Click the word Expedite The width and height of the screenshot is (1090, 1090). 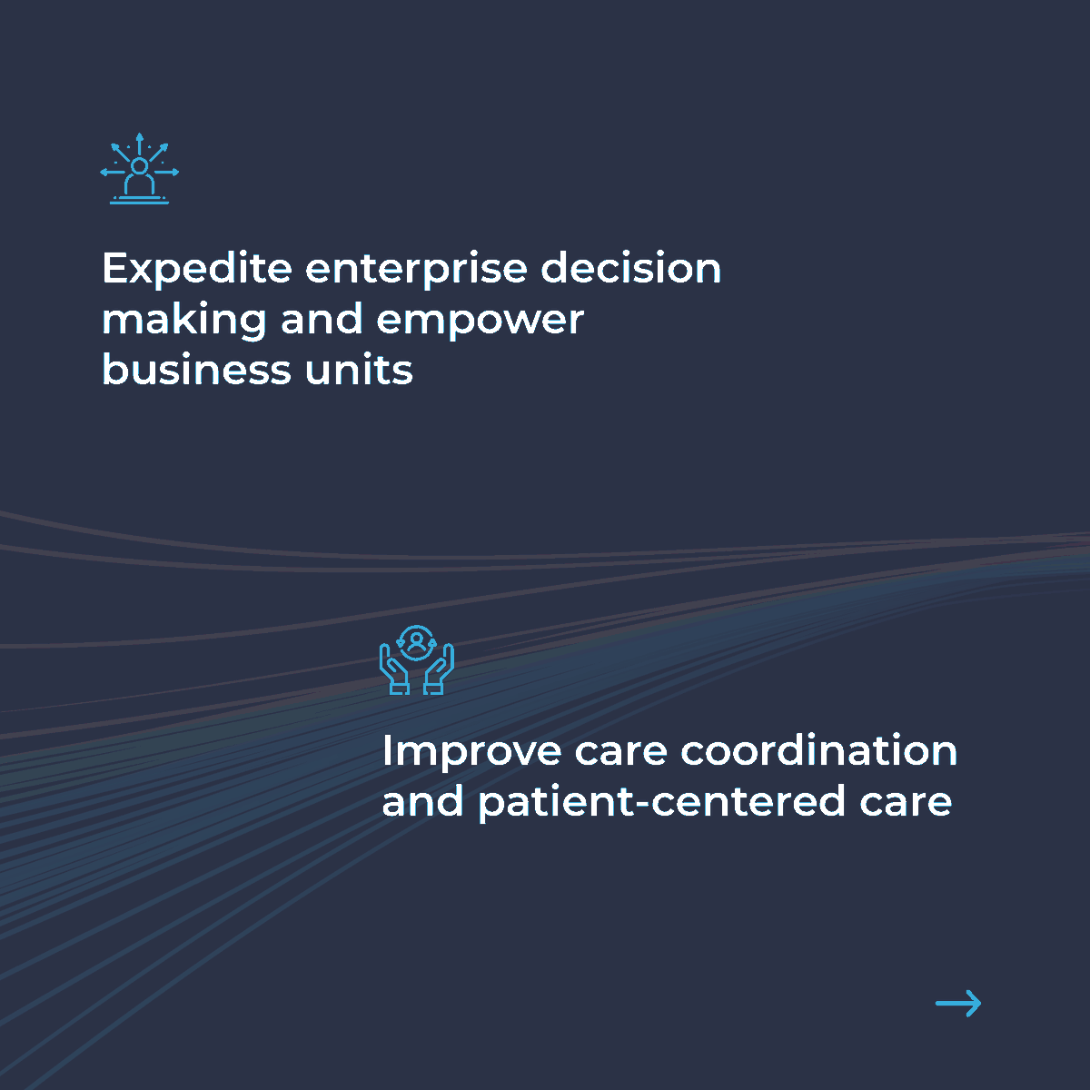(197, 269)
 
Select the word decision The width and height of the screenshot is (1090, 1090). (631, 268)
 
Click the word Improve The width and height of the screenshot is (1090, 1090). (471, 752)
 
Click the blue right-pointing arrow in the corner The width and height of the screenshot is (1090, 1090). (958, 1003)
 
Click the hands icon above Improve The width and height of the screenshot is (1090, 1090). (416, 660)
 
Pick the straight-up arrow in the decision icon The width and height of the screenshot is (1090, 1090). (139, 143)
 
